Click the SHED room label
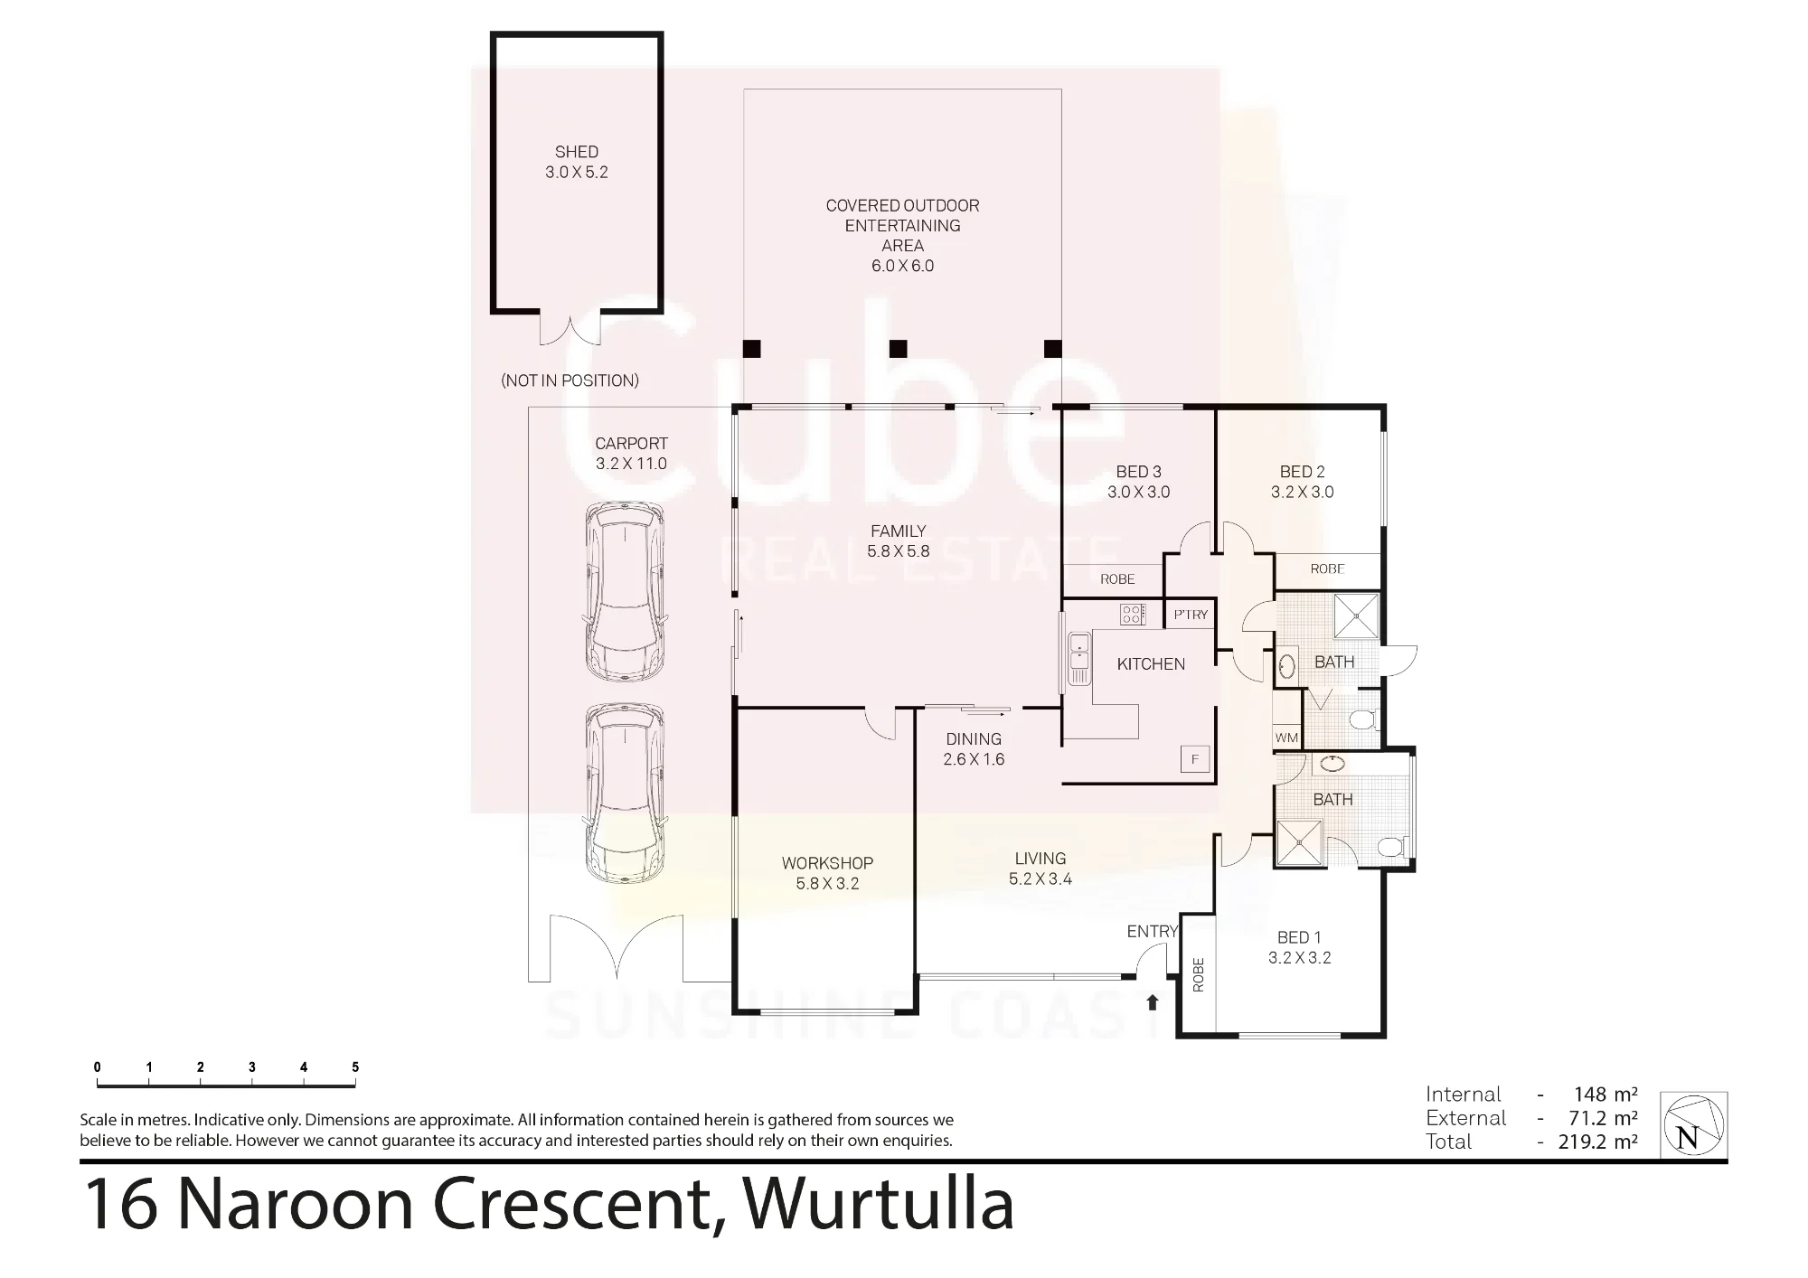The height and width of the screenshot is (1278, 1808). (577, 152)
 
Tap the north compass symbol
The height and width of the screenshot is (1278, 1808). (1694, 1125)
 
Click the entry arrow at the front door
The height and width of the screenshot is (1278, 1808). (1153, 1001)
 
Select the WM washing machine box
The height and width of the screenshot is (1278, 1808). (1286, 738)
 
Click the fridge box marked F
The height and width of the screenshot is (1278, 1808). (1195, 759)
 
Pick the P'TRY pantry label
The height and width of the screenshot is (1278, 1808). (1191, 615)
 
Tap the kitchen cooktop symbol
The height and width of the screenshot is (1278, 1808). (1133, 615)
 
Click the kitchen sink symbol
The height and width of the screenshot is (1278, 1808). (1078, 659)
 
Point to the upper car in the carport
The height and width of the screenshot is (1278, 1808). (625, 593)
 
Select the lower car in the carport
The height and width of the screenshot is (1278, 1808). (625, 794)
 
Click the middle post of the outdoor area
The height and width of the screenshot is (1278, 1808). (898, 349)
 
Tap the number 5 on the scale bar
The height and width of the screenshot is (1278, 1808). (355, 1067)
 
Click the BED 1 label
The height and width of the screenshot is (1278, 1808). (1299, 937)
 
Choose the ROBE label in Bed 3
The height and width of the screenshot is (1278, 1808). (1117, 579)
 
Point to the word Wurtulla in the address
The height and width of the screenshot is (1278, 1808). (878, 1205)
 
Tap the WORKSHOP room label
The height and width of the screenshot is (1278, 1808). (827, 863)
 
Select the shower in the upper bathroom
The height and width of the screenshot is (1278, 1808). (1357, 616)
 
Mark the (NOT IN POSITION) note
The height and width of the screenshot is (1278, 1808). (570, 381)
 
